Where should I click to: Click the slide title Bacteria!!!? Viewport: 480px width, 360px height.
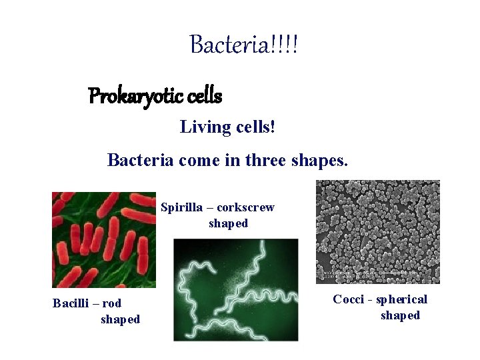244,45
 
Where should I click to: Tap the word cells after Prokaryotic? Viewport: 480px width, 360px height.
205,97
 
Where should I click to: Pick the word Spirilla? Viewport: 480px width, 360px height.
181,207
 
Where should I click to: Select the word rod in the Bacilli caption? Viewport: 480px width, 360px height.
112,303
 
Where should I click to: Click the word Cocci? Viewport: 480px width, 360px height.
349,299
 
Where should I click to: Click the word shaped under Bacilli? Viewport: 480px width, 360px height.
120,319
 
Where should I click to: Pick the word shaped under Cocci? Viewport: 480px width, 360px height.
400,315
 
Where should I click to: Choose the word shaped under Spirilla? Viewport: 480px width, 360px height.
228,223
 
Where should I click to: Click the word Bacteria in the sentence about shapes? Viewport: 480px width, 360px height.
137,161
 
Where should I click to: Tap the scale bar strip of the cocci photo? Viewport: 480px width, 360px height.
377,275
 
